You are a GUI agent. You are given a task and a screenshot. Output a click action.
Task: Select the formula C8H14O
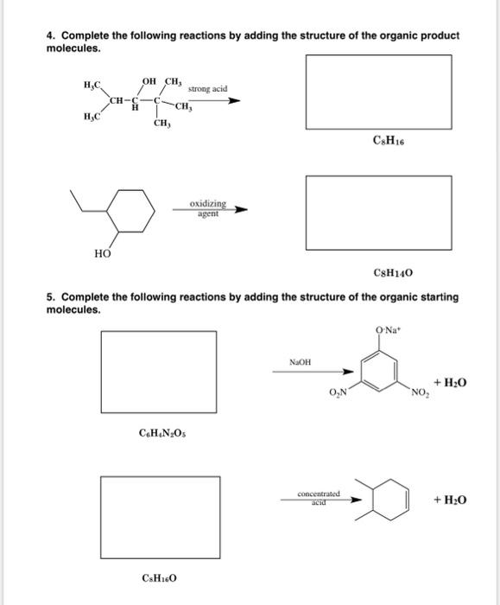coord(393,273)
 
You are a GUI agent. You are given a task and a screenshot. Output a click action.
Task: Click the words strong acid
coord(207,89)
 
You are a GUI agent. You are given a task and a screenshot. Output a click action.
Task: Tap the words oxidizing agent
coord(208,208)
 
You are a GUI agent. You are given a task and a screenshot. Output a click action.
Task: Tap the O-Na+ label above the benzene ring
coord(385,329)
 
